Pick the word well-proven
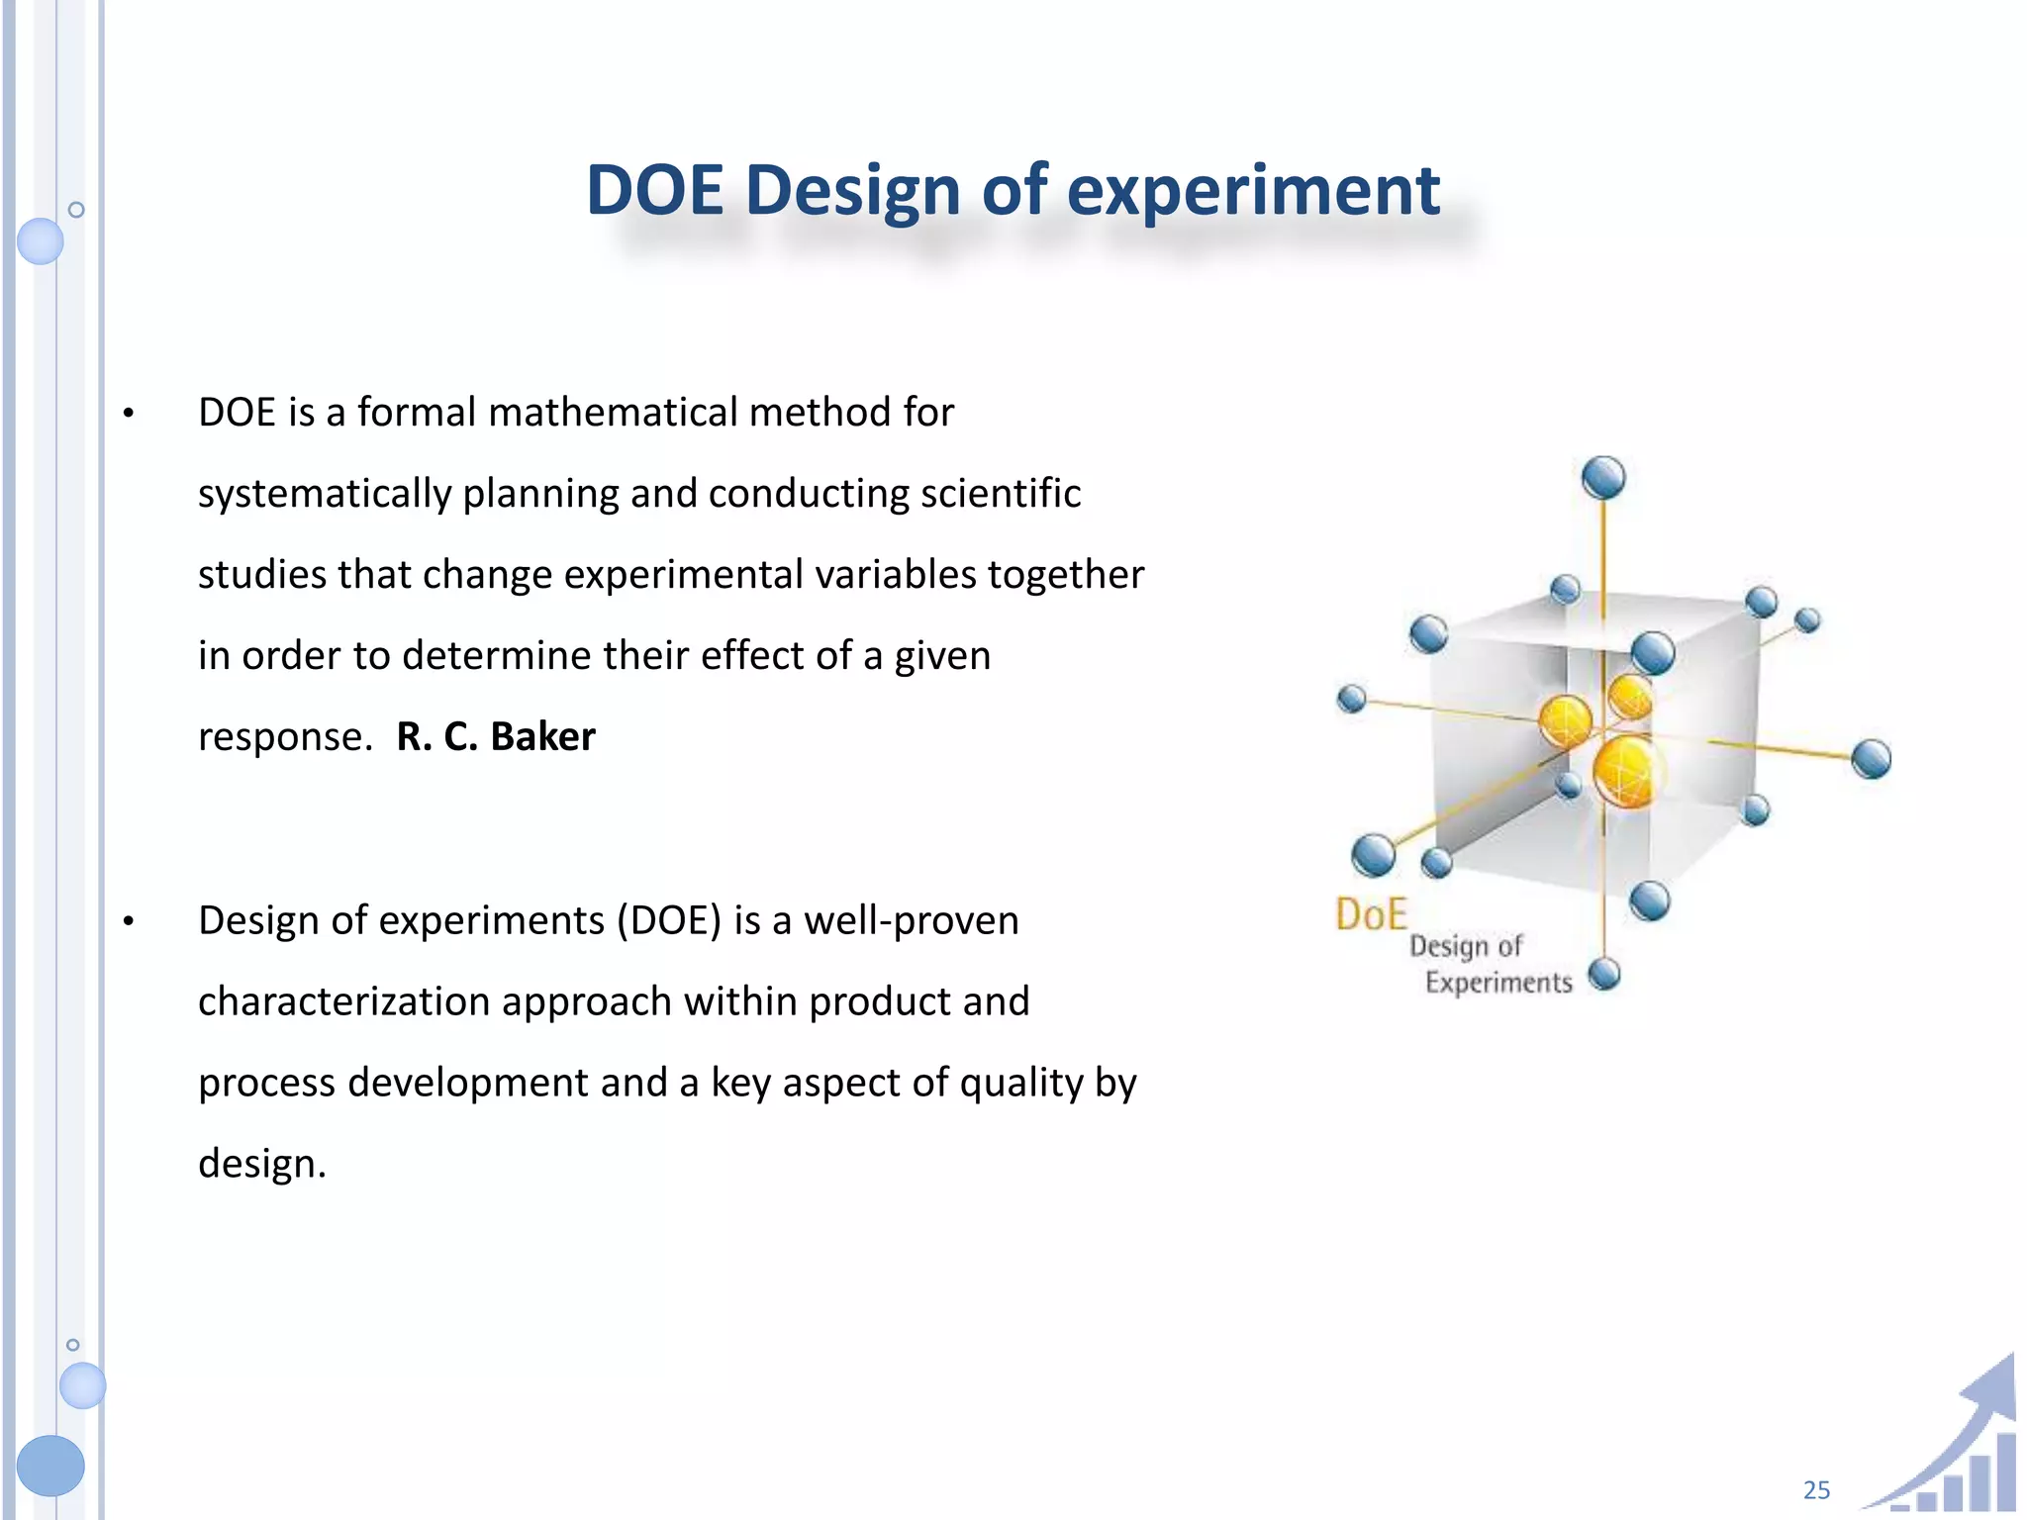click(911, 921)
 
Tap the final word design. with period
click(261, 1165)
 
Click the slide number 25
click(1816, 1489)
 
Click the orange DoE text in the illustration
click(1371, 914)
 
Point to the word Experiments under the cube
click(1497, 983)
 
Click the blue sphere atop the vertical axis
click(1603, 478)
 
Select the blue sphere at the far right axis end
click(1870, 759)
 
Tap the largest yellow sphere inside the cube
click(1625, 772)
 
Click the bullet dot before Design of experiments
click(129, 922)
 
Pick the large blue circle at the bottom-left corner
click(50, 1465)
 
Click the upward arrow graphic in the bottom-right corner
click(1970, 1435)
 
